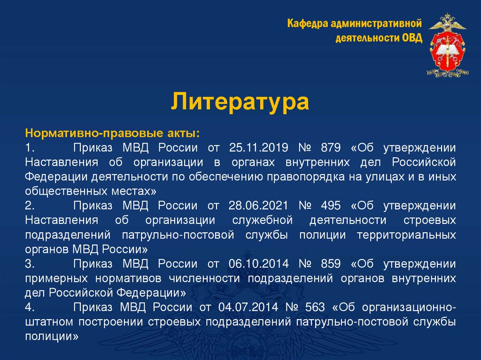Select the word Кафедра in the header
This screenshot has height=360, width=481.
308,23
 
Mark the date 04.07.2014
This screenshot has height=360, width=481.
247,308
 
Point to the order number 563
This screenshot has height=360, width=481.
314,308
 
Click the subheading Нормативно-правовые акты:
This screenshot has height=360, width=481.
112,134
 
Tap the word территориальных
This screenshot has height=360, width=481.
406,235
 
